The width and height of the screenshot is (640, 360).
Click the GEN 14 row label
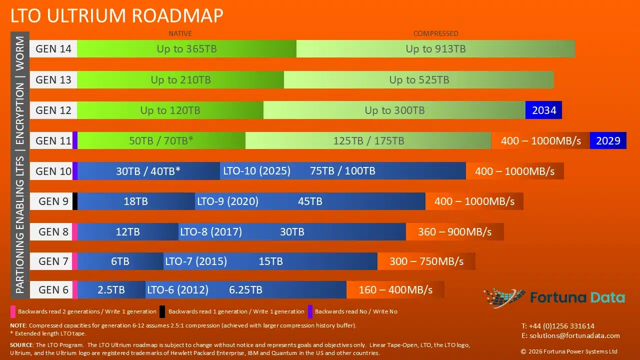53,49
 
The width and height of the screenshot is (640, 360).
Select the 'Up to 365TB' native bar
186,49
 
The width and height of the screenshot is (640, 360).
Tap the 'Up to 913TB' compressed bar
435,49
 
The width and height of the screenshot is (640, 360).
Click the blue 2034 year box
543,110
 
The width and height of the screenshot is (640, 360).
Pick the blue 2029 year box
608,140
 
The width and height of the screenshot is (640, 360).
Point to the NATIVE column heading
180,33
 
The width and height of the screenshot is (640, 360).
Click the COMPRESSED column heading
435,33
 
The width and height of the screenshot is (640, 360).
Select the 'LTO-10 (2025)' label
256,171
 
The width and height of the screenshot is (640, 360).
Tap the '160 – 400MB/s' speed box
395,290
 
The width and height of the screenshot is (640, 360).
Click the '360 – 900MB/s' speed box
454,232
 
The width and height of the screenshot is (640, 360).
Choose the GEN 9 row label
53,201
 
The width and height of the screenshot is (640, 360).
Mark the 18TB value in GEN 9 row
135,201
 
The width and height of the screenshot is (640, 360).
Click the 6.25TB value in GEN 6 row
245,290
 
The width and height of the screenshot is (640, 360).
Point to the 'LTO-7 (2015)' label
196,261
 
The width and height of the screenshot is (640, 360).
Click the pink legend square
12,311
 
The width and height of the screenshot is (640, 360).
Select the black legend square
162,311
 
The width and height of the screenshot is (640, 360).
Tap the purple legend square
310,311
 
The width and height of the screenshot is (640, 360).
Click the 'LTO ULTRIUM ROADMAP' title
116,15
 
